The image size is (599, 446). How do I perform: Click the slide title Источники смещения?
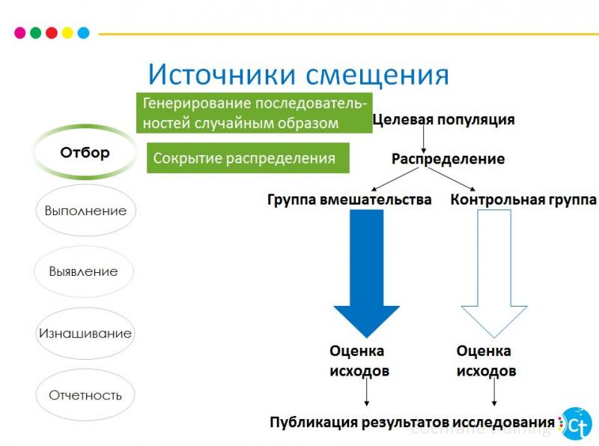tap(298, 75)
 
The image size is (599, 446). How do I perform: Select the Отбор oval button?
tap(85, 153)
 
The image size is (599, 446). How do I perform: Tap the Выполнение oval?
tap(85, 211)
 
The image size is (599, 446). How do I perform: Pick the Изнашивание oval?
tap(85, 334)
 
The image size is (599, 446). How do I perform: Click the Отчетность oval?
tap(85, 395)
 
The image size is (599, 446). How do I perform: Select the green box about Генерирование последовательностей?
tap(254, 112)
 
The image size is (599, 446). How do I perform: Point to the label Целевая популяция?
tap(443, 119)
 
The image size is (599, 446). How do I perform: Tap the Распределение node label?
tap(448, 159)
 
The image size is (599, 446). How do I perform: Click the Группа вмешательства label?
tap(350, 200)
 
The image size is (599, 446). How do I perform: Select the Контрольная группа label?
tap(523, 200)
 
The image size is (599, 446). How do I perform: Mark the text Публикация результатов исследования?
tap(412, 421)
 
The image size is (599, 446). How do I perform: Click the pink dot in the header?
tap(20, 33)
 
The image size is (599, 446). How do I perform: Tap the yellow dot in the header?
tap(67, 33)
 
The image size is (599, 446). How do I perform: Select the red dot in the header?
tap(52, 33)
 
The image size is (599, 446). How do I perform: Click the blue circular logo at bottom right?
tap(576, 423)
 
